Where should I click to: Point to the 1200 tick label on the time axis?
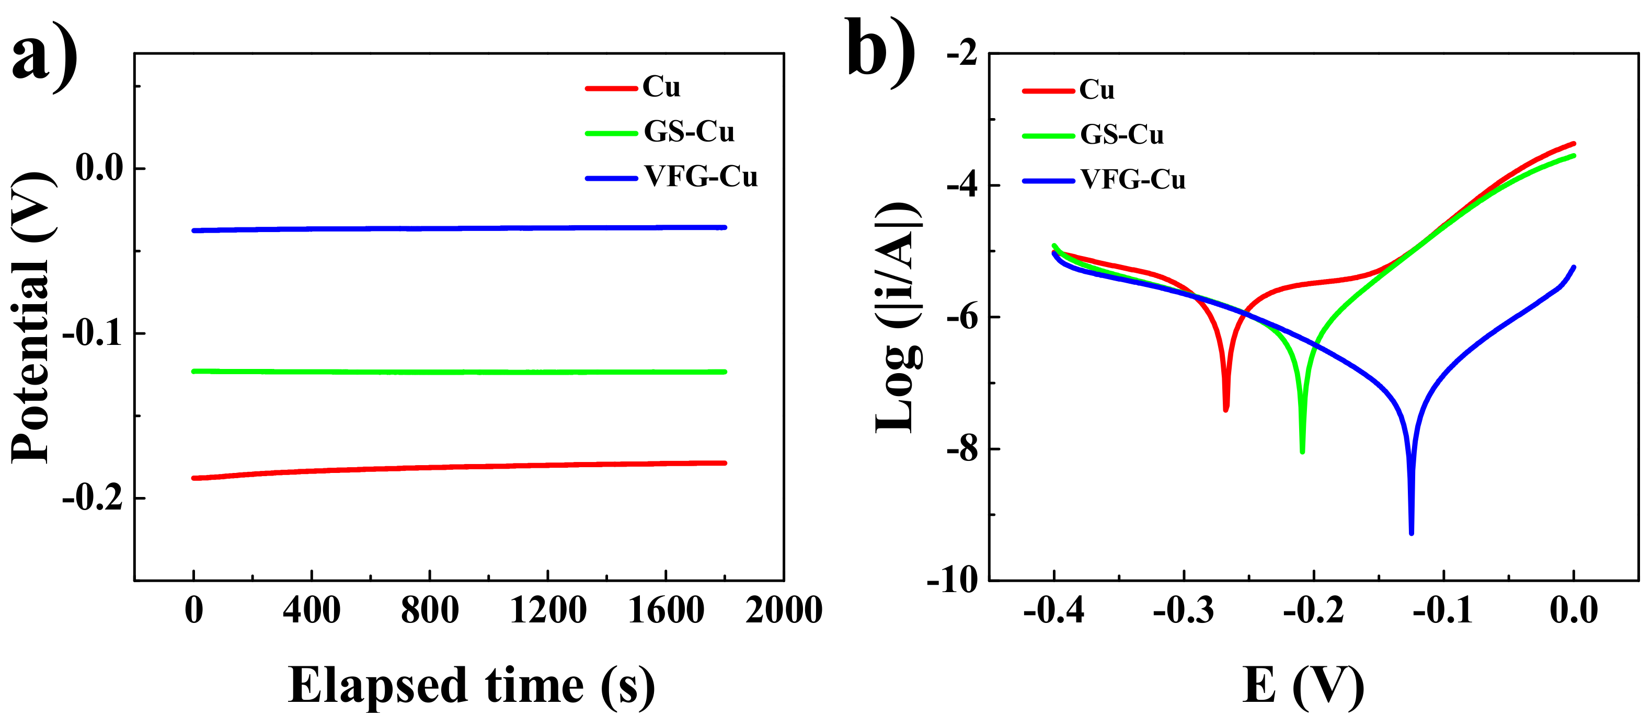pos(548,610)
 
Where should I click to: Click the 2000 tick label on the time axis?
pos(783,610)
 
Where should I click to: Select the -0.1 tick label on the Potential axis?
pos(93,333)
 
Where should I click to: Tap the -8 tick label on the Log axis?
pos(962,449)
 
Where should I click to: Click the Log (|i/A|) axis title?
pos(898,317)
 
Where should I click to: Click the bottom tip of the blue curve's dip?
pos(1411,533)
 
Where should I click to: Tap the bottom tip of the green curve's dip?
pos(1302,452)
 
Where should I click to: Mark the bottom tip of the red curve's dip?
pos(1225,409)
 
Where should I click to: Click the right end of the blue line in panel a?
pos(725,227)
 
